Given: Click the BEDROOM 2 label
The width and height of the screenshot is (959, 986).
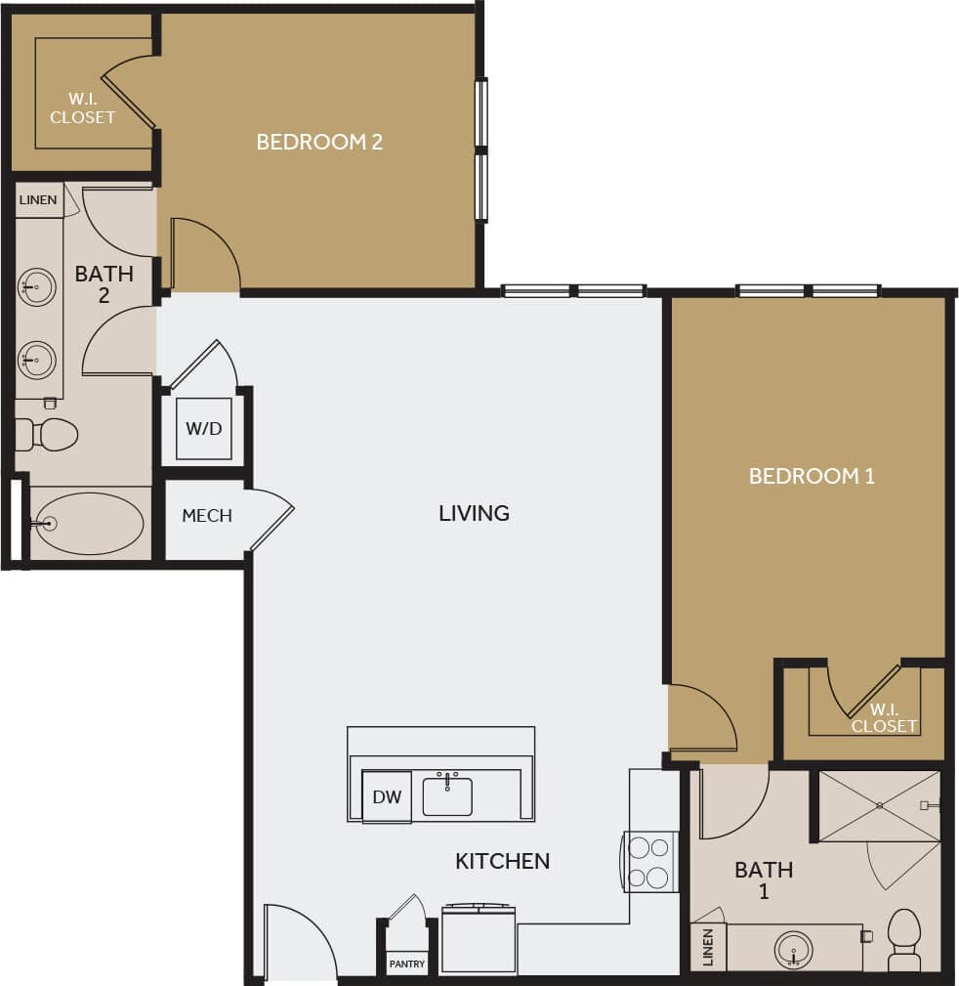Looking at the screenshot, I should click(319, 142).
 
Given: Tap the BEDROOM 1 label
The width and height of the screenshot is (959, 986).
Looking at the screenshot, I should click(811, 476).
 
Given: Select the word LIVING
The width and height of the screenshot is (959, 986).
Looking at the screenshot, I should click(474, 513).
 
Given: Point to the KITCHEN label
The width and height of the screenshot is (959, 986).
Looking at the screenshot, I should click(502, 861).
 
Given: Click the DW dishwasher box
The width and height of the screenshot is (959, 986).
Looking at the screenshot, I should click(387, 796).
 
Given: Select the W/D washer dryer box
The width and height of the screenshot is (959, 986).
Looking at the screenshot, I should click(203, 428).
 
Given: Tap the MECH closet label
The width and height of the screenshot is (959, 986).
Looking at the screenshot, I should click(207, 516).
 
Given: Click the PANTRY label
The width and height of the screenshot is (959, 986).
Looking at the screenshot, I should click(406, 964).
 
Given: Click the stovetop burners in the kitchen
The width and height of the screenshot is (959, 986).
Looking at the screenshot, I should click(649, 862).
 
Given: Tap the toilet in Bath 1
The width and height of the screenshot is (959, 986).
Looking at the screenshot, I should click(903, 937).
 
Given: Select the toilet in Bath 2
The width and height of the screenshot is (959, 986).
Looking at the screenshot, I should click(49, 434).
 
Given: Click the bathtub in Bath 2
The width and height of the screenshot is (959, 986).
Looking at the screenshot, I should click(88, 524).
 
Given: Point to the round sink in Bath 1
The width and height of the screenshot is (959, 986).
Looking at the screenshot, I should click(794, 948).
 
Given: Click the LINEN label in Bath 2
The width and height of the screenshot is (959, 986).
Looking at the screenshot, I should click(38, 200).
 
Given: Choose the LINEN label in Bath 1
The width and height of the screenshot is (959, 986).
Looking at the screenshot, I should click(708, 947).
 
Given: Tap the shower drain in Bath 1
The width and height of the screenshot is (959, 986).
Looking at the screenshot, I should click(879, 805).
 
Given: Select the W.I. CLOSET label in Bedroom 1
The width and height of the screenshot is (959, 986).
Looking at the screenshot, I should click(884, 718).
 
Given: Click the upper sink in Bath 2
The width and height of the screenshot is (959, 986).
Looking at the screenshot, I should click(38, 286).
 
